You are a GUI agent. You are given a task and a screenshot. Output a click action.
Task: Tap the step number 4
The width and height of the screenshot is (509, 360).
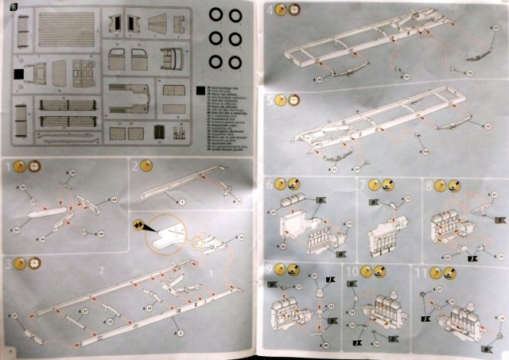270,10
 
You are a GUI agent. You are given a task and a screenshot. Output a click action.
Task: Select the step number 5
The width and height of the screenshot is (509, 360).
270,101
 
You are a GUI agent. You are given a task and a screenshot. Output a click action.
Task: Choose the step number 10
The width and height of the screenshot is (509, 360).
352,270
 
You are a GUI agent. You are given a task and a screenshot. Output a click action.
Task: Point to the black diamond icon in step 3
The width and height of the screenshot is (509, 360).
138,227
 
